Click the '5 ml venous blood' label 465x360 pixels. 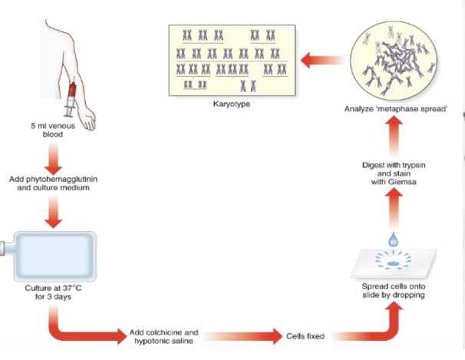tap(51, 128)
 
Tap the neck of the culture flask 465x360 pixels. tap(6, 249)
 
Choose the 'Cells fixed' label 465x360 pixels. tap(305, 336)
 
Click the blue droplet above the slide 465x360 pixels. tap(394, 241)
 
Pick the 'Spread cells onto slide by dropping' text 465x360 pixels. tap(394, 291)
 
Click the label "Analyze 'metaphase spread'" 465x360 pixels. tap(396, 108)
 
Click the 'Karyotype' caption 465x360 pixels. tap(230, 104)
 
